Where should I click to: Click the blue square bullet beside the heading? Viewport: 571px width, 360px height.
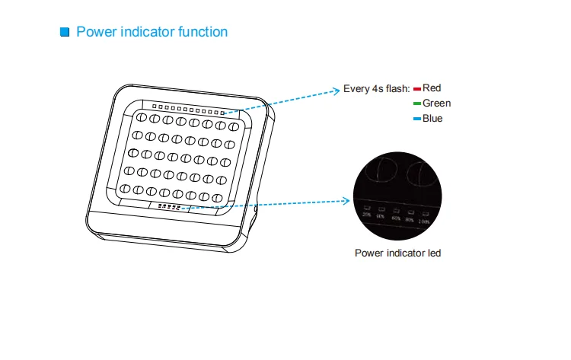[x=65, y=32]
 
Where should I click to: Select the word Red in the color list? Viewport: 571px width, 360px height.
[x=432, y=88]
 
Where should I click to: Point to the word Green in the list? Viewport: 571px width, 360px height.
[x=436, y=104]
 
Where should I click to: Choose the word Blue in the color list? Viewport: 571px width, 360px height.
[x=432, y=119]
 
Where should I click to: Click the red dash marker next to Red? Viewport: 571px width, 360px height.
[x=417, y=89]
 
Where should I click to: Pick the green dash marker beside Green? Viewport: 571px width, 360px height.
[x=417, y=104]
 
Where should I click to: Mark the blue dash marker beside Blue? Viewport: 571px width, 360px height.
[x=417, y=119]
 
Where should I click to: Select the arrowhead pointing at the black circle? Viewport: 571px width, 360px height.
[x=349, y=202]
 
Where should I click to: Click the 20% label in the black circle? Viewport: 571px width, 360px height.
[x=367, y=215]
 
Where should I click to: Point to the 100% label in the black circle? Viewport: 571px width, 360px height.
[x=425, y=221]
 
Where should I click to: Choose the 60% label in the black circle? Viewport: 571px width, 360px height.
[x=396, y=218]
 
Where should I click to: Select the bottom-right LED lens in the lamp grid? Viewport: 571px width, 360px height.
[x=219, y=190]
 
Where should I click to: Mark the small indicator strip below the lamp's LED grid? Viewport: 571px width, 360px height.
[x=169, y=205]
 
